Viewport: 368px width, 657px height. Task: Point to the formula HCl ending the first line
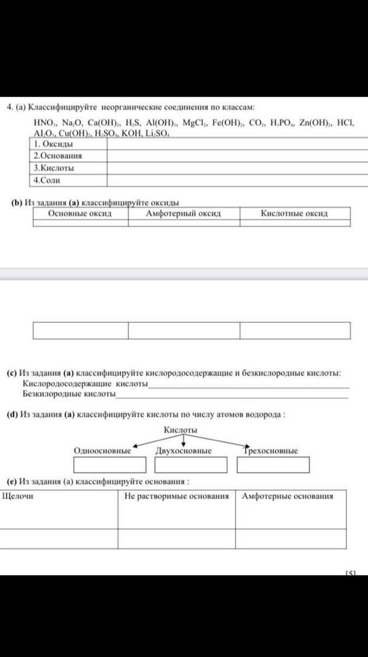pos(345,124)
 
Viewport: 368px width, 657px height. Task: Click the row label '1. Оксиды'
pos(53,145)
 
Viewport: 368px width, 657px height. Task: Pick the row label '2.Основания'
pos(57,156)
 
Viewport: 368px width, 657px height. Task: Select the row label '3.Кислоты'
pos(54,168)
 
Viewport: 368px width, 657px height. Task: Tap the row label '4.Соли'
pos(47,181)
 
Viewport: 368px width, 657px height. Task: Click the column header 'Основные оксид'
pos(80,213)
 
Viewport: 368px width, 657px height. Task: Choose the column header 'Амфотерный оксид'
pos(183,213)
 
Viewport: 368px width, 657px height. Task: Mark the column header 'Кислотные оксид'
pos(294,213)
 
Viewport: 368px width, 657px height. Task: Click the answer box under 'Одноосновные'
pos(109,465)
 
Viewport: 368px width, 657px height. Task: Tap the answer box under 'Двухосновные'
pos(190,465)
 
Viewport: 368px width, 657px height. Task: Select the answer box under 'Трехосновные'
pos(273,465)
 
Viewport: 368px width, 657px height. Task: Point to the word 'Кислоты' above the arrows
pos(181,430)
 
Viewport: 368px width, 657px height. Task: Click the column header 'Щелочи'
pos(18,496)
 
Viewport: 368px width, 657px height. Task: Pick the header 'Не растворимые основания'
pos(176,496)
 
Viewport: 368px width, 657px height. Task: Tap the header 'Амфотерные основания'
pos(288,496)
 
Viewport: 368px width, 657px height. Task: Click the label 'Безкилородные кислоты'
pos(69,394)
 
